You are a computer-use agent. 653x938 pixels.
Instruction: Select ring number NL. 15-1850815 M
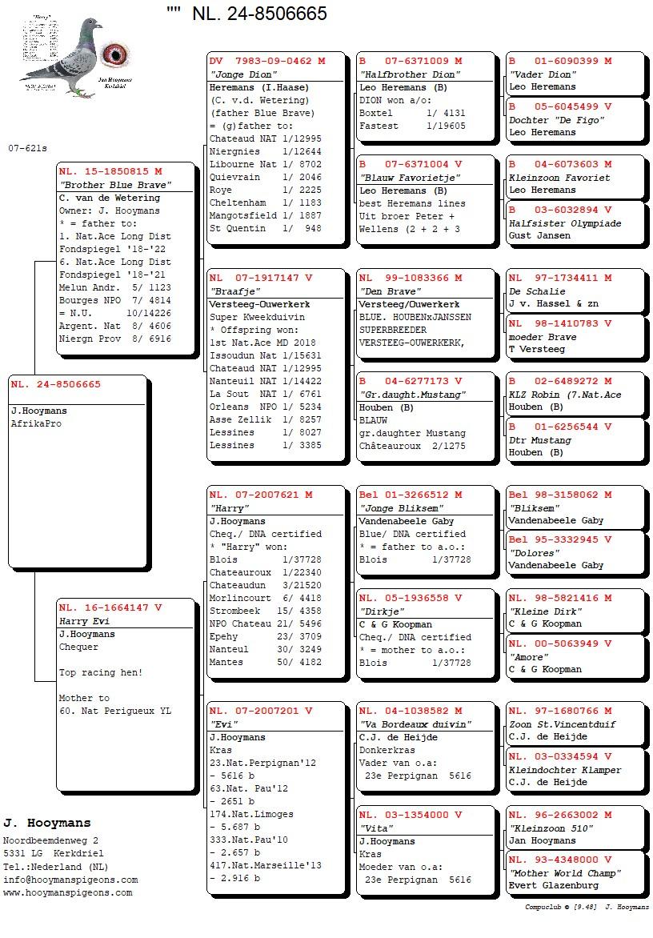click(x=110, y=171)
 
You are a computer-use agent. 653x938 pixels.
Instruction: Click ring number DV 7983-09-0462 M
click(x=267, y=61)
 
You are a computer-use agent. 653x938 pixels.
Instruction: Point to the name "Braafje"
click(x=229, y=291)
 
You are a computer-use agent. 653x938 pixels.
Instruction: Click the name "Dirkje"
click(x=380, y=611)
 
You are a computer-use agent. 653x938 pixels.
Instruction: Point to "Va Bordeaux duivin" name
click(x=415, y=724)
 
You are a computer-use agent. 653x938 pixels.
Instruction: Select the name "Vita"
click(x=376, y=828)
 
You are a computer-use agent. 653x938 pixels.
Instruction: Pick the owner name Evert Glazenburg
click(x=553, y=885)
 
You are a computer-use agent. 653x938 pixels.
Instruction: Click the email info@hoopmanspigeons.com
click(x=70, y=880)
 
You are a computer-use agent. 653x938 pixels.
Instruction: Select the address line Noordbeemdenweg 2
click(x=51, y=840)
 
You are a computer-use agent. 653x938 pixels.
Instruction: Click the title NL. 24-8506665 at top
click(x=259, y=14)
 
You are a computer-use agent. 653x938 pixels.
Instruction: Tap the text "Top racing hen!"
click(x=101, y=672)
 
